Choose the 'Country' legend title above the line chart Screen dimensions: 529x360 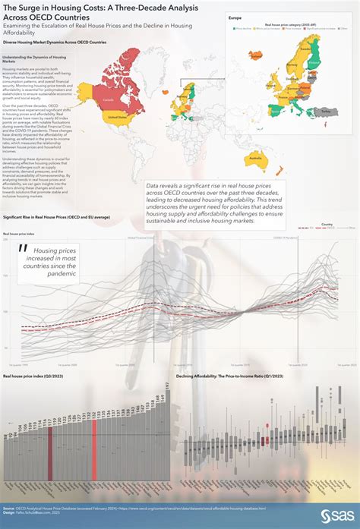click(x=327, y=225)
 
